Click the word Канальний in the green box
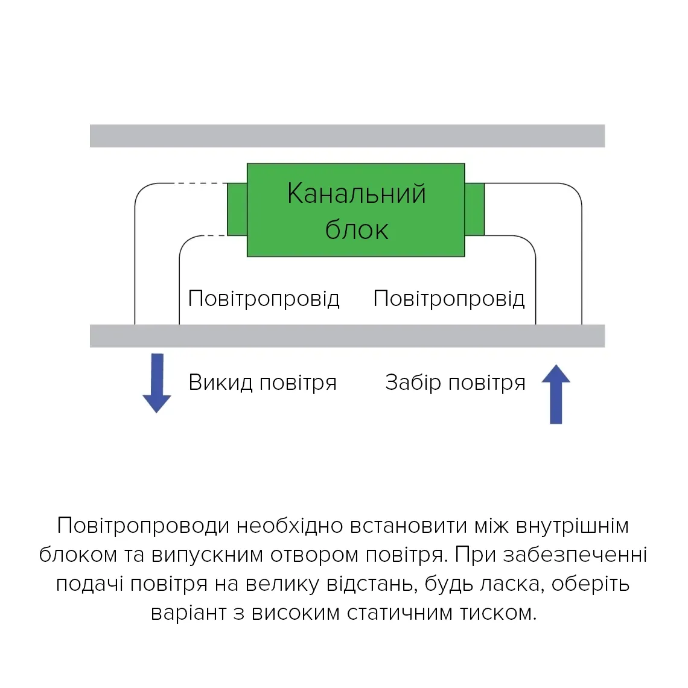coord(356,194)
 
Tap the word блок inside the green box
coord(356,230)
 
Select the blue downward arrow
coord(157,383)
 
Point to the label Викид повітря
coord(263,383)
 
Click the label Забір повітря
coord(455,383)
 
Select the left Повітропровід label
coord(264,299)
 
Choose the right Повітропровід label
coord(449,299)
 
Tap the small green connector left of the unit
coord(237,209)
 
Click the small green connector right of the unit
coord(474,209)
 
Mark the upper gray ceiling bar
coord(347,136)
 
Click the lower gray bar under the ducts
coord(347,336)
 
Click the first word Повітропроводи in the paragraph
coord(144,526)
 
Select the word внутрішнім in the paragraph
coord(572,526)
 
